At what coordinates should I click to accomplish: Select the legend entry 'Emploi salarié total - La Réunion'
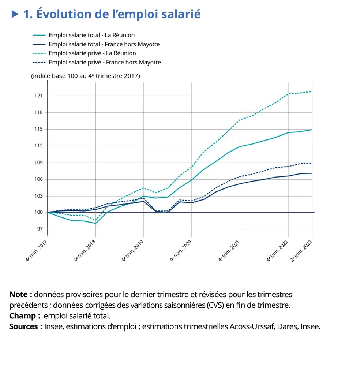pyautogui.click(x=91, y=35)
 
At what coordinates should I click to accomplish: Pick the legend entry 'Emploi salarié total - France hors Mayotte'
pyautogui.click(x=104, y=44)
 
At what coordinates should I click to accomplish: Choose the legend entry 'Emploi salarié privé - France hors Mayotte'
pyautogui.click(x=105, y=62)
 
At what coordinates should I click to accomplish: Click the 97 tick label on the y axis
pyautogui.click(x=40, y=229)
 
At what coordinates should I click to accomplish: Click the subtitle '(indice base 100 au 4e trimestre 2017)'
pyautogui.click(x=86, y=76)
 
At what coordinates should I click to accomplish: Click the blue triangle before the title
pyautogui.click(x=15, y=14)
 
